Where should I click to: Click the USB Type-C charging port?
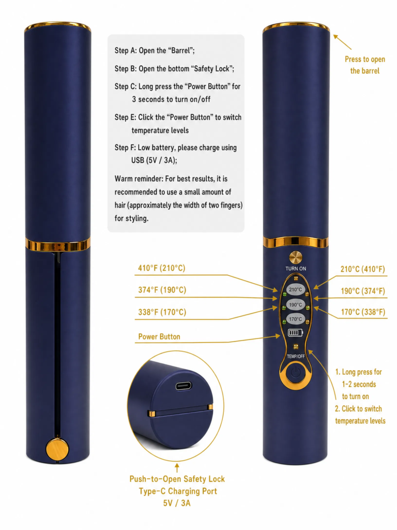(184, 386)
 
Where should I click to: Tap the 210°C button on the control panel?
(296, 289)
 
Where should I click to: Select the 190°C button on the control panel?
(296, 304)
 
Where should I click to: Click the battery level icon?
(295, 333)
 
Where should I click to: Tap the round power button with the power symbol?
(295, 373)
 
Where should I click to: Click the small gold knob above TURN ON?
(296, 257)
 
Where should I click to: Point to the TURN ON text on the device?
(296, 269)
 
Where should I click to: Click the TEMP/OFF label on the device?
(296, 356)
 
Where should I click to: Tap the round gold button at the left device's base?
(57, 449)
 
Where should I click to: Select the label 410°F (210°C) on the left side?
(162, 268)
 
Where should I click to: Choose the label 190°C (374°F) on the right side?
(363, 291)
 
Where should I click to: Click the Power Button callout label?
(159, 336)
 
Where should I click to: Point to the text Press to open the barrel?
(365, 65)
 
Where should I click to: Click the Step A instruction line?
(155, 50)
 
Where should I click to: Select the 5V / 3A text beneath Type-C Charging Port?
(177, 503)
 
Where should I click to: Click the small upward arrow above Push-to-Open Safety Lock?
(177, 468)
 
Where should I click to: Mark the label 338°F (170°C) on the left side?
(162, 312)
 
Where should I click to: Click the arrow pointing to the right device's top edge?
(342, 42)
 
